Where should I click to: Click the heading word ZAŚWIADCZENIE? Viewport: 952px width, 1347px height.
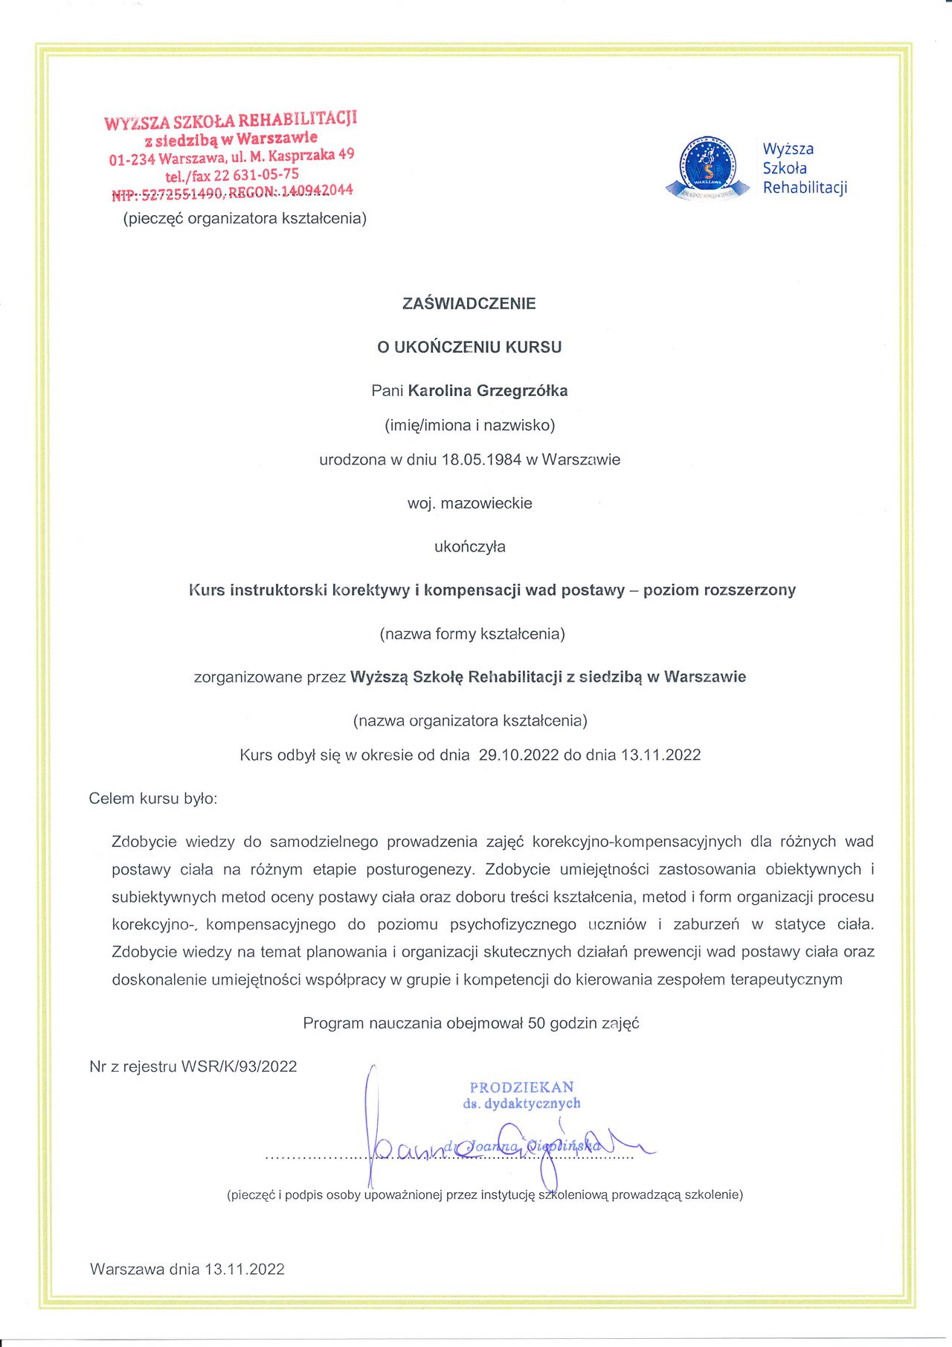469,304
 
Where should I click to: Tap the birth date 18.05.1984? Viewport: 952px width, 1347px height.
481,460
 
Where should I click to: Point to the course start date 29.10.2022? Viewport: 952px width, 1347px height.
518,755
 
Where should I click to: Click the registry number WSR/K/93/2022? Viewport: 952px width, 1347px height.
239,1066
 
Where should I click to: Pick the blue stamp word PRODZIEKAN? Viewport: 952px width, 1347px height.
521,1087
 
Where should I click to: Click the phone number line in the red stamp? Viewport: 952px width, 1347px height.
232,176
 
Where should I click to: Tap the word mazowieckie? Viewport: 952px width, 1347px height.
486,503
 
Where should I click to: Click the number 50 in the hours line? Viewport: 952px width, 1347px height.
536,1023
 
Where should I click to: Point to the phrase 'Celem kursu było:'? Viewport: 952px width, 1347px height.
153,799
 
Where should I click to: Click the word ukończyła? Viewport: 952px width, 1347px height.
469,547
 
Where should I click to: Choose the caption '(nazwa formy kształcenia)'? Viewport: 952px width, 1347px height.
472,634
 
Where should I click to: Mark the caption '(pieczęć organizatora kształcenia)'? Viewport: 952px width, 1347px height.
245,219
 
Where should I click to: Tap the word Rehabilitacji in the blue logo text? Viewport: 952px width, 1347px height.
805,188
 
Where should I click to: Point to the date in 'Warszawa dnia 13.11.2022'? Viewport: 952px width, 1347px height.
245,1270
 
